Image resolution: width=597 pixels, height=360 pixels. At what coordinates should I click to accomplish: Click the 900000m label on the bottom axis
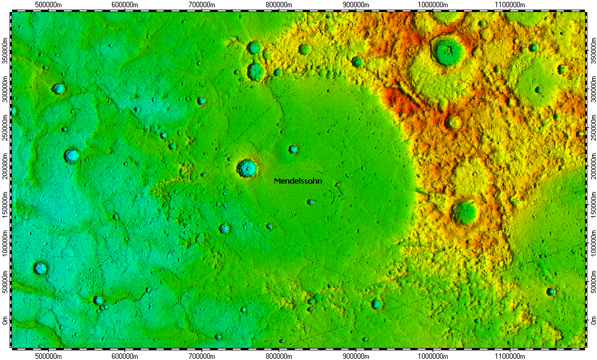[x=356, y=356]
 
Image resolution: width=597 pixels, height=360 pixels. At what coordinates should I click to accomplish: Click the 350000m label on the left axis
[x=5, y=52]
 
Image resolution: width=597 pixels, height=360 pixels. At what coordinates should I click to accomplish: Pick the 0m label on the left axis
[x=5, y=321]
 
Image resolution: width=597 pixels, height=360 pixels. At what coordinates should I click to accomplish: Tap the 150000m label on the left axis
[x=5, y=206]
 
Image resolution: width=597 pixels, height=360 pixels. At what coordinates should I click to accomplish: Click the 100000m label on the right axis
[x=592, y=244]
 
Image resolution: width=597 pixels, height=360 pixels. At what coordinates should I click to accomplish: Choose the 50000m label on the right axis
[x=592, y=283]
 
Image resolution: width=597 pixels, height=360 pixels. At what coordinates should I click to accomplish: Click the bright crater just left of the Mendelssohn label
[x=247, y=168]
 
